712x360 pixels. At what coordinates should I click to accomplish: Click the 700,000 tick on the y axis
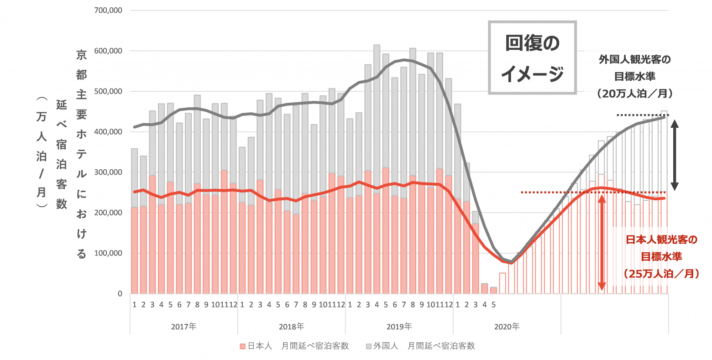coord(108,10)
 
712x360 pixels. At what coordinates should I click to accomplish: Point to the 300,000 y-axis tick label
coord(108,172)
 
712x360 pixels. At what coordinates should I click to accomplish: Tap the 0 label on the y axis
coord(120,294)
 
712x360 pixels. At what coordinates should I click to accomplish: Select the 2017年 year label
coord(184,327)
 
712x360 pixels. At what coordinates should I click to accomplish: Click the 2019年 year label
coord(399,327)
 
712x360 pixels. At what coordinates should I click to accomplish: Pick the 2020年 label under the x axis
coord(507,327)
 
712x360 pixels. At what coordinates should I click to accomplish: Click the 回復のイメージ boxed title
coord(532,58)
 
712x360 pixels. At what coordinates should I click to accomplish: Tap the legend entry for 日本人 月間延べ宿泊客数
coord(294,346)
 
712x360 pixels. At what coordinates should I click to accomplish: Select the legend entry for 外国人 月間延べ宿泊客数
coord(420,346)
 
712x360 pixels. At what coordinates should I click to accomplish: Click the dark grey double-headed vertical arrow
coord(675,154)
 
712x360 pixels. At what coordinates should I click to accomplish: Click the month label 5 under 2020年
coord(493,305)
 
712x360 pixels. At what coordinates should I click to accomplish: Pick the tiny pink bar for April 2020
coord(484,288)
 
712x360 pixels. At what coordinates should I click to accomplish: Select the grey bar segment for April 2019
coord(377,119)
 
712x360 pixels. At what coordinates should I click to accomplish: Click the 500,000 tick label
coord(108,91)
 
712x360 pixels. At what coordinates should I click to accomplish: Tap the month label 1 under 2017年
coord(135,305)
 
